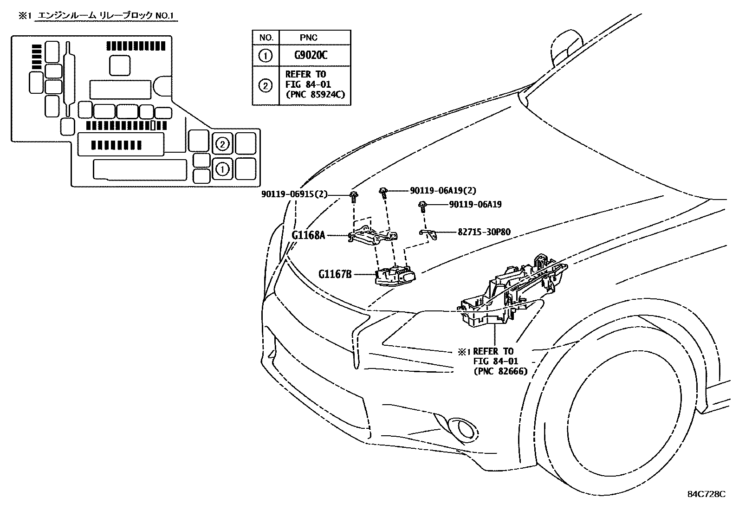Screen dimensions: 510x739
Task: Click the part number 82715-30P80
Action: [484, 232]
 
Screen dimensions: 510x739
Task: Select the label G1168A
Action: [308, 235]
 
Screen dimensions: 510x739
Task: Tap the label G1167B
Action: [335, 274]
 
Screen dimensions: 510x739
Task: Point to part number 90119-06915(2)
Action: [294, 194]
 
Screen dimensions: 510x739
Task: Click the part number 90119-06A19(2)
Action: [443, 190]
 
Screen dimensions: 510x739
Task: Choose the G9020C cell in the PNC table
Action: [311, 55]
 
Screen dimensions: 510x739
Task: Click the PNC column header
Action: [309, 38]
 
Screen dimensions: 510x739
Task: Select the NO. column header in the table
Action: [266, 38]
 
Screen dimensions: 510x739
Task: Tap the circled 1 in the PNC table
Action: [265, 56]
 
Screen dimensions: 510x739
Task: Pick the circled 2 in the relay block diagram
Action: [222, 145]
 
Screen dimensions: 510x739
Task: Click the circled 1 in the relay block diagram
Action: [222, 169]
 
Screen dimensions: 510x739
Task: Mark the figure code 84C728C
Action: [706, 494]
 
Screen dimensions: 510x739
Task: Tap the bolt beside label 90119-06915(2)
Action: [354, 196]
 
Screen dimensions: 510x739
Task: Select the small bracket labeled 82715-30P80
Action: [429, 234]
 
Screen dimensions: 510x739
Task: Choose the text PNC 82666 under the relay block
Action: [500, 371]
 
